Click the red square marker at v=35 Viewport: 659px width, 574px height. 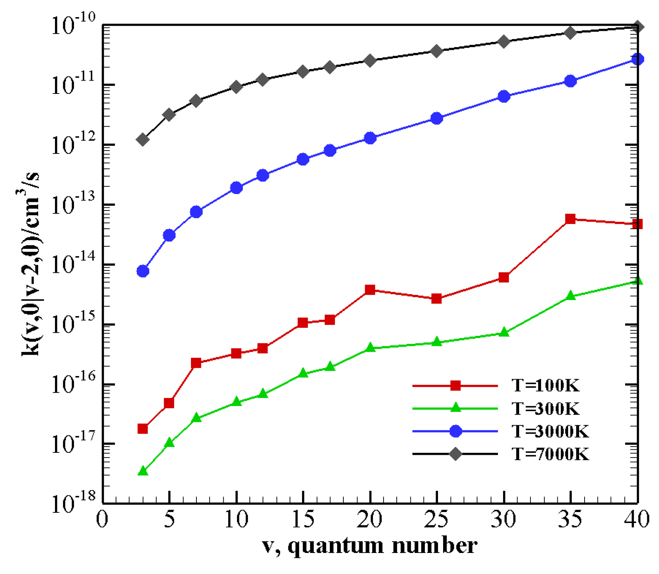570,219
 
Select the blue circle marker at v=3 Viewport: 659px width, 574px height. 143,271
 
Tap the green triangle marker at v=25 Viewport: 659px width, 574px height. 437,342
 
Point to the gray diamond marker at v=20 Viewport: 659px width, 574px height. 370,61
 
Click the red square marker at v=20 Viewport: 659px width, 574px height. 370,290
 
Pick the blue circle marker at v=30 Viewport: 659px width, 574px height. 504,96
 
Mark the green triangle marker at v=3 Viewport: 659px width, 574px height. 143,471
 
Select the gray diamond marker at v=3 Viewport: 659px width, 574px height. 143,140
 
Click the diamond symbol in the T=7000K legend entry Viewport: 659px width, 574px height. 455,454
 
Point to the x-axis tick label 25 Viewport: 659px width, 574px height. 437,519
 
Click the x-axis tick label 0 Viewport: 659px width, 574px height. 102,519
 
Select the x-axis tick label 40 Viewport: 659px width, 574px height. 637,519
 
